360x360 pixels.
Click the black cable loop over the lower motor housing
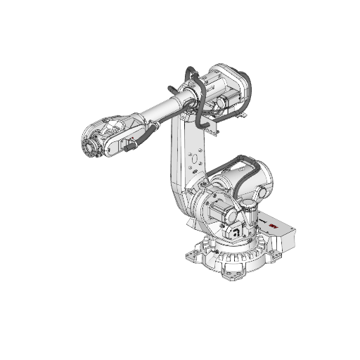[231, 169]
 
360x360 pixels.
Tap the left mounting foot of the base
[191, 249]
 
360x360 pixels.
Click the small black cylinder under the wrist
[129, 146]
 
